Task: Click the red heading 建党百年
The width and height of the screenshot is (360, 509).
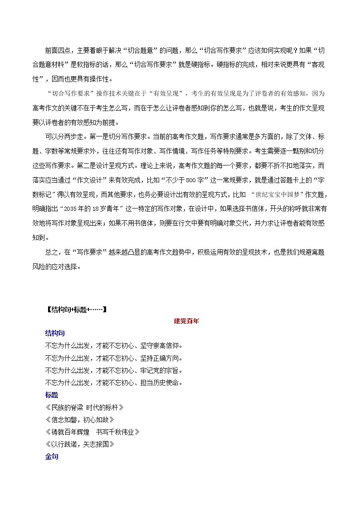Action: pyautogui.click(x=186, y=321)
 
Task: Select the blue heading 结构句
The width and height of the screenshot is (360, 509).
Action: pyautogui.click(x=55, y=333)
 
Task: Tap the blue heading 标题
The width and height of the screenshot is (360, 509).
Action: pyautogui.click(x=52, y=395)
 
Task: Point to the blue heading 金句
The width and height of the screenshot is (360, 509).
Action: pyautogui.click(x=52, y=457)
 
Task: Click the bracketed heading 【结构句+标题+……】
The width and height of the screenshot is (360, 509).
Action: pyautogui.click(x=76, y=310)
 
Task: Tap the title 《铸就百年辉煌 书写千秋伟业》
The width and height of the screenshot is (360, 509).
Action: pyautogui.click(x=92, y=432)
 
